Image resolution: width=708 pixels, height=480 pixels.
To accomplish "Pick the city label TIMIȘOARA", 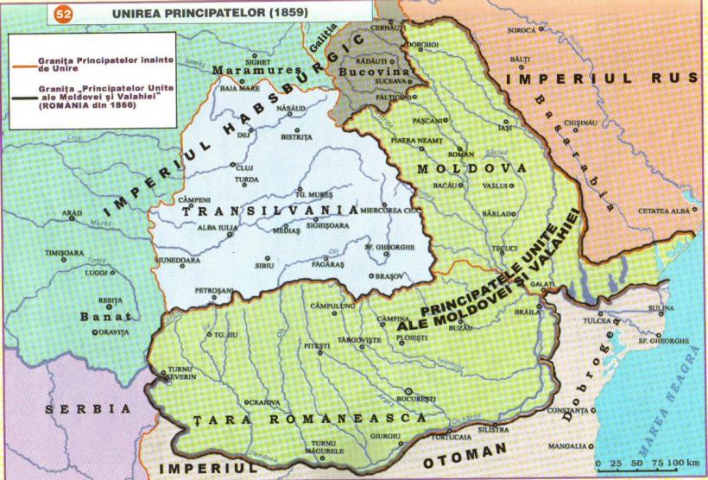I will [72, 253].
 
